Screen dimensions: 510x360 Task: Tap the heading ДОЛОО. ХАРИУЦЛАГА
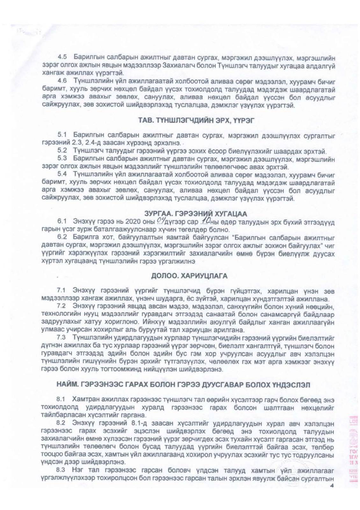(189, 276)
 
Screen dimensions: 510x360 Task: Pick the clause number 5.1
(62, 135)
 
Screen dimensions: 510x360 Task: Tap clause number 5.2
(62, 151)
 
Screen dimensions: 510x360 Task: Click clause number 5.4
(62, 174)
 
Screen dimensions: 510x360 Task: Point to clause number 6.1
(61, 221)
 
